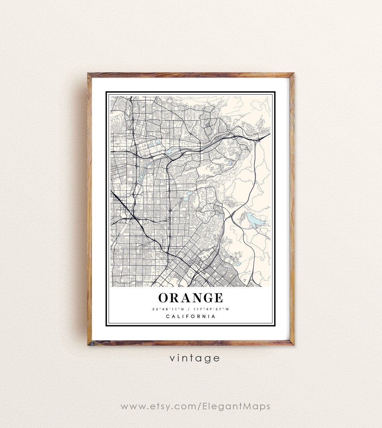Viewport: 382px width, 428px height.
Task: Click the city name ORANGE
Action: [x=190, y=298]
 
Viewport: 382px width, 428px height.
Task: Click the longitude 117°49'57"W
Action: [x=211, y=309]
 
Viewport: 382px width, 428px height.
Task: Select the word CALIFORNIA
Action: [x=191, y=317]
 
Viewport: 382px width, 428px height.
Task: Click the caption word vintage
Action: [x=194, y=358]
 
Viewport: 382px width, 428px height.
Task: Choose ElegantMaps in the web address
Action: [x=236, y=406]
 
